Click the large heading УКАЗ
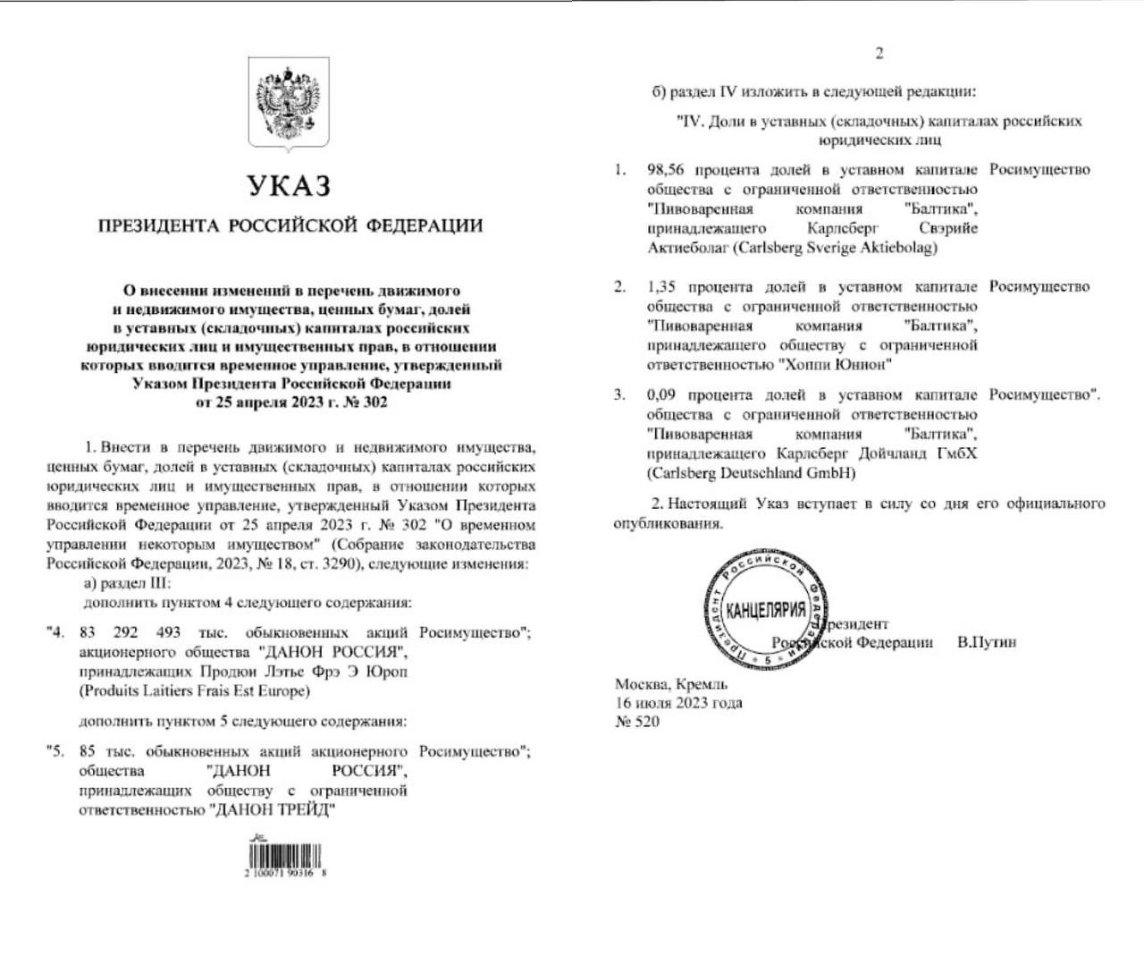coord(289,186)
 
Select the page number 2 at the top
coord(879,54)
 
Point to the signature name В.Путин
coord(987,642)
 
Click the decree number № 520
coord(637,721)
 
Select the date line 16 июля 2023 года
coord(678,703)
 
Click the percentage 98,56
coord(668,170)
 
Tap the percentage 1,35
coord(663,287)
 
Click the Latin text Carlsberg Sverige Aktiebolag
coord(835,248)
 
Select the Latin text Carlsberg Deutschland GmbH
coord(751,473)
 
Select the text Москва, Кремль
coord(671,685)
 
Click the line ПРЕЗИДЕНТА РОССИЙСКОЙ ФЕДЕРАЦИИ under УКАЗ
coord(290,225)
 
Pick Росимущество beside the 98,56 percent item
coord(1039,170)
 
